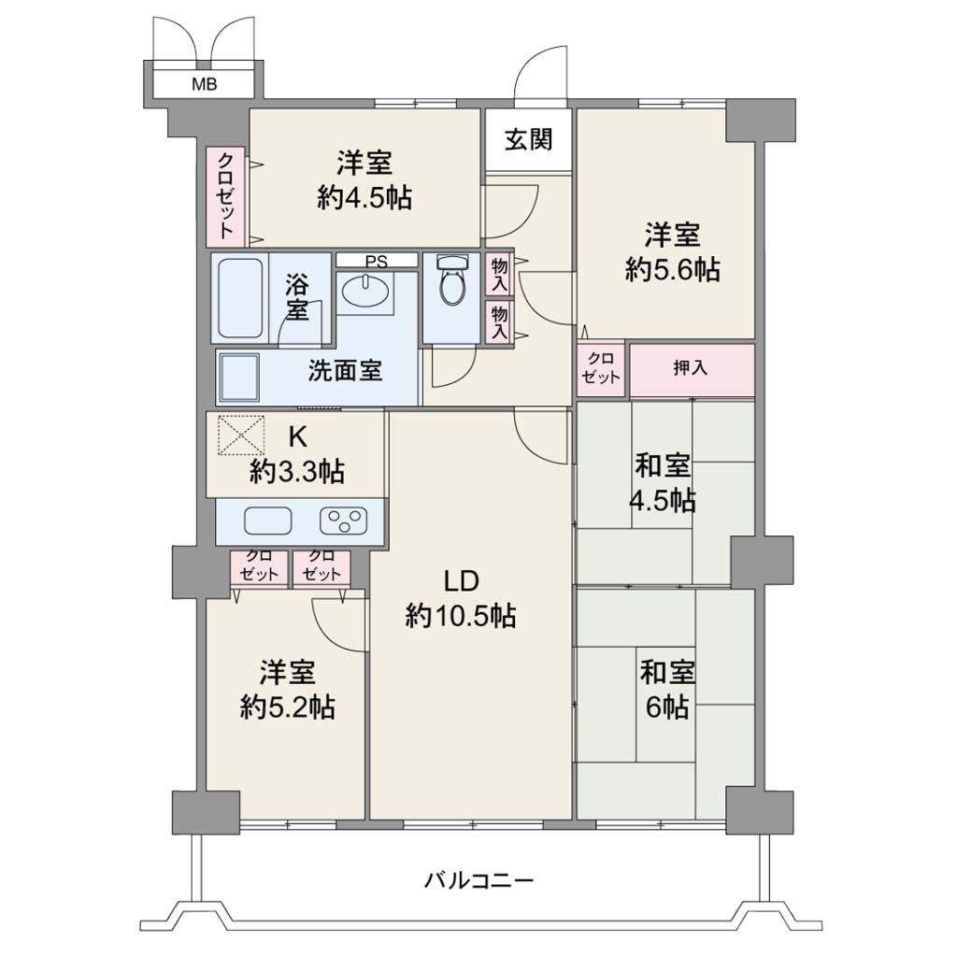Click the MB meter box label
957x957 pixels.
[x=204, y=84]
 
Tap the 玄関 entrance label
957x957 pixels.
[x=529, y=140]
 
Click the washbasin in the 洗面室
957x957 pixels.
[x=365, y=292]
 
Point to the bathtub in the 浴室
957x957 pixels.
[x=240, y=298]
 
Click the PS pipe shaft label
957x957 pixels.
[x=376, y=262]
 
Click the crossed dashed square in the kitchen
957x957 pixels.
[x=241, y=436]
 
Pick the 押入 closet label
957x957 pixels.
[x=691, y=368]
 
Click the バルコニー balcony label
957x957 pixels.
[x=478, y=880]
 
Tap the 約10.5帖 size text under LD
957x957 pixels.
[x=461, y=616]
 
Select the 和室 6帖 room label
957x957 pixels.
[x=667, y=690]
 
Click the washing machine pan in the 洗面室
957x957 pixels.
[x=238, y=377]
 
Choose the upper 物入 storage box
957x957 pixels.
[x=499, y=274]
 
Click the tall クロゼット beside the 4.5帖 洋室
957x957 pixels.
[x=225, y=195]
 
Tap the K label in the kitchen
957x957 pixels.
[x=297, y=436]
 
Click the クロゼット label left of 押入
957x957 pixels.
[x=601, y=368]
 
